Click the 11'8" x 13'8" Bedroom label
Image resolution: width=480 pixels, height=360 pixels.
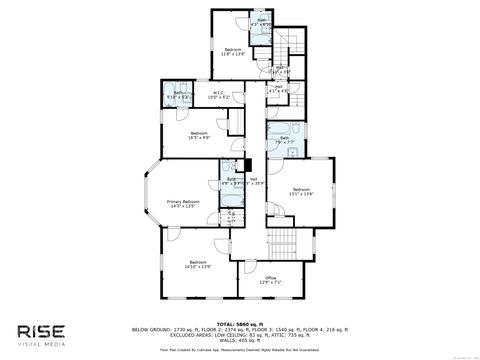(233, 52)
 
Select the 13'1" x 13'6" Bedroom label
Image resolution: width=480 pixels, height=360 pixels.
(302, 192)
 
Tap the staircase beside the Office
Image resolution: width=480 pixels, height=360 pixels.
(279, 242)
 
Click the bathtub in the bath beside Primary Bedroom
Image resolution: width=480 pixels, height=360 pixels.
(230, 170)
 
